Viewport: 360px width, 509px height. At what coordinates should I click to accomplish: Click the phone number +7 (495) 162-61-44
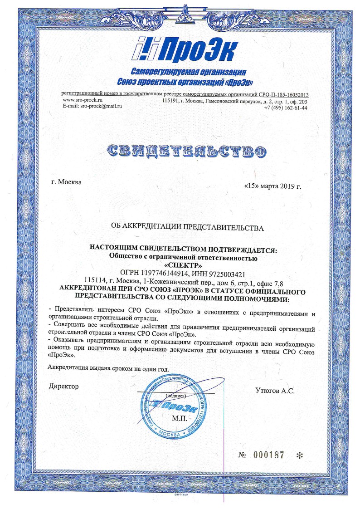coord(286,108)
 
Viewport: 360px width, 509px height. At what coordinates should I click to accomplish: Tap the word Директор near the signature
coord(63,386)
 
